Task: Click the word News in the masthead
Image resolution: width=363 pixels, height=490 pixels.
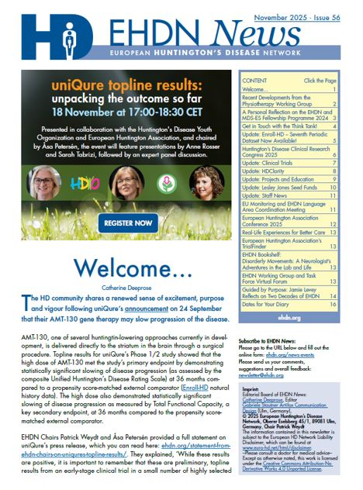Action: [247, 32]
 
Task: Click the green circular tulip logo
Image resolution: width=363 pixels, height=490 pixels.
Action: [166, 187]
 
